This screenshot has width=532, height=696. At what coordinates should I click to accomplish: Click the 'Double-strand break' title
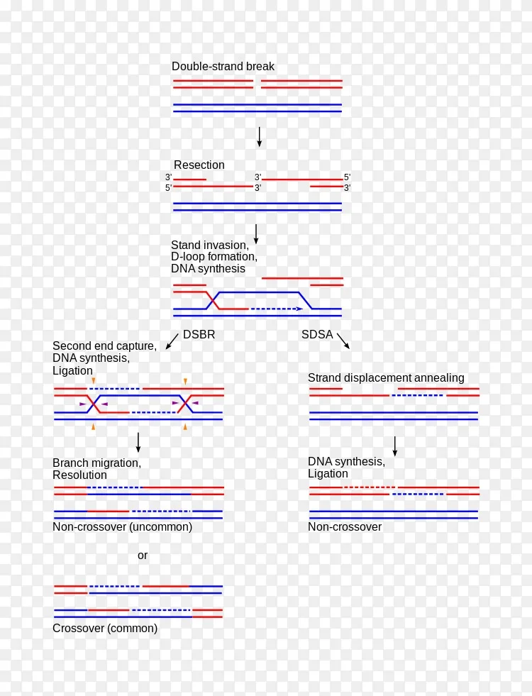(x=223, y=67)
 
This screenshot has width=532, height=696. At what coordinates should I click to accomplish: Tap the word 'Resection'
(x=199, y=165)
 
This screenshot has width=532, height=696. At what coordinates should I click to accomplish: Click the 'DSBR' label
(x=199, y=334)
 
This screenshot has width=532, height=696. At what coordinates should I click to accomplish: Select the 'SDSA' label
(x=317, y=334)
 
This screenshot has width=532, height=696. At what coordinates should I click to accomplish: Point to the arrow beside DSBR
(x=172, y=342)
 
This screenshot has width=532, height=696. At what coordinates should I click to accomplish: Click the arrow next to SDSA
(x=343, y=341)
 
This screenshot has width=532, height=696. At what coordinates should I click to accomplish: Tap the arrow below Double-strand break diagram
(x=259, y=137)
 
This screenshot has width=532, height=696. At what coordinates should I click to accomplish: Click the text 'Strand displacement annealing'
(x=386, y=377)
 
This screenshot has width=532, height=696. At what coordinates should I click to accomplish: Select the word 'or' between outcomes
(x=143, y=556)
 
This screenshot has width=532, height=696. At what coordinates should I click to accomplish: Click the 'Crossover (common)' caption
(x=105, y=628)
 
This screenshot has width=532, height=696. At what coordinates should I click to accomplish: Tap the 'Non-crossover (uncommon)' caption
(x=122, y=527)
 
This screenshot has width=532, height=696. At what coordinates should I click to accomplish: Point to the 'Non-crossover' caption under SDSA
(x=345, y=527)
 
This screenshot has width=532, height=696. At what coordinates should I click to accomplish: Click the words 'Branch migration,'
(x=96, y=463)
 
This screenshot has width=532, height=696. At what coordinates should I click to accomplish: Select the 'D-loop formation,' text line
(x=214, y=257)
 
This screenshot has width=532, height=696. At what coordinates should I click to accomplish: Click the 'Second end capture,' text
(x=105, y=346)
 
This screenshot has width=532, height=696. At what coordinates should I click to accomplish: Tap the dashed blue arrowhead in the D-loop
(x=300, y=309)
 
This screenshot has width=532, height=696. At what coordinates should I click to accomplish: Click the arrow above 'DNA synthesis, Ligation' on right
(x=394, y=446)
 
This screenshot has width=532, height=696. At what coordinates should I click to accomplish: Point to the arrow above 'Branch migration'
(x=138, y=443)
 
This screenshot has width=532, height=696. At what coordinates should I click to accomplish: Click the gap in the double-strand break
(x=257, y=84)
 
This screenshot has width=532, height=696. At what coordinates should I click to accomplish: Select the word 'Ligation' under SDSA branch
(x=328, y=474)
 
